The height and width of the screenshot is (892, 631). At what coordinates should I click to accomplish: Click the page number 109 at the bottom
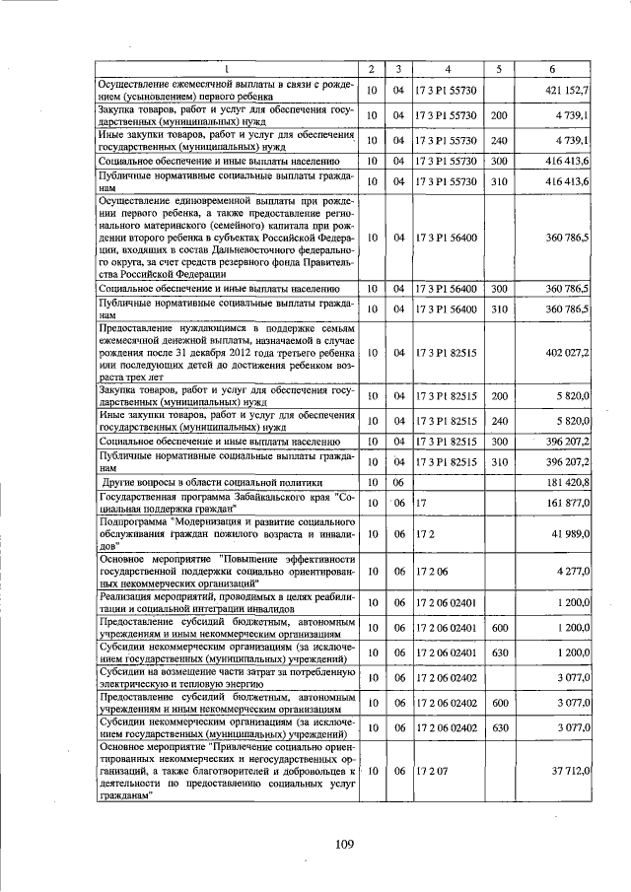click(x=343, y=842)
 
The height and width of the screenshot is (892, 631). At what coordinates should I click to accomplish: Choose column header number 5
click(x=499, y=69)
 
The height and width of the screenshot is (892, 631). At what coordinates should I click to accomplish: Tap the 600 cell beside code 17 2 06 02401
click(x=499, y=628)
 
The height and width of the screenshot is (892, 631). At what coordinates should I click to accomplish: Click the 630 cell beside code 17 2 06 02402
click(x=499, y=728)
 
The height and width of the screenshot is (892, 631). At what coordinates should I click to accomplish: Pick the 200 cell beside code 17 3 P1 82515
click(x=499, y=396)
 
